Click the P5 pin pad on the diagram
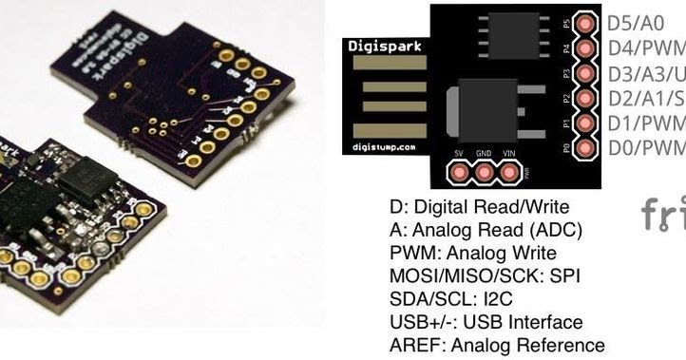586,22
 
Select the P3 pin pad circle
586,73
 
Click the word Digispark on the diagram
381,46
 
